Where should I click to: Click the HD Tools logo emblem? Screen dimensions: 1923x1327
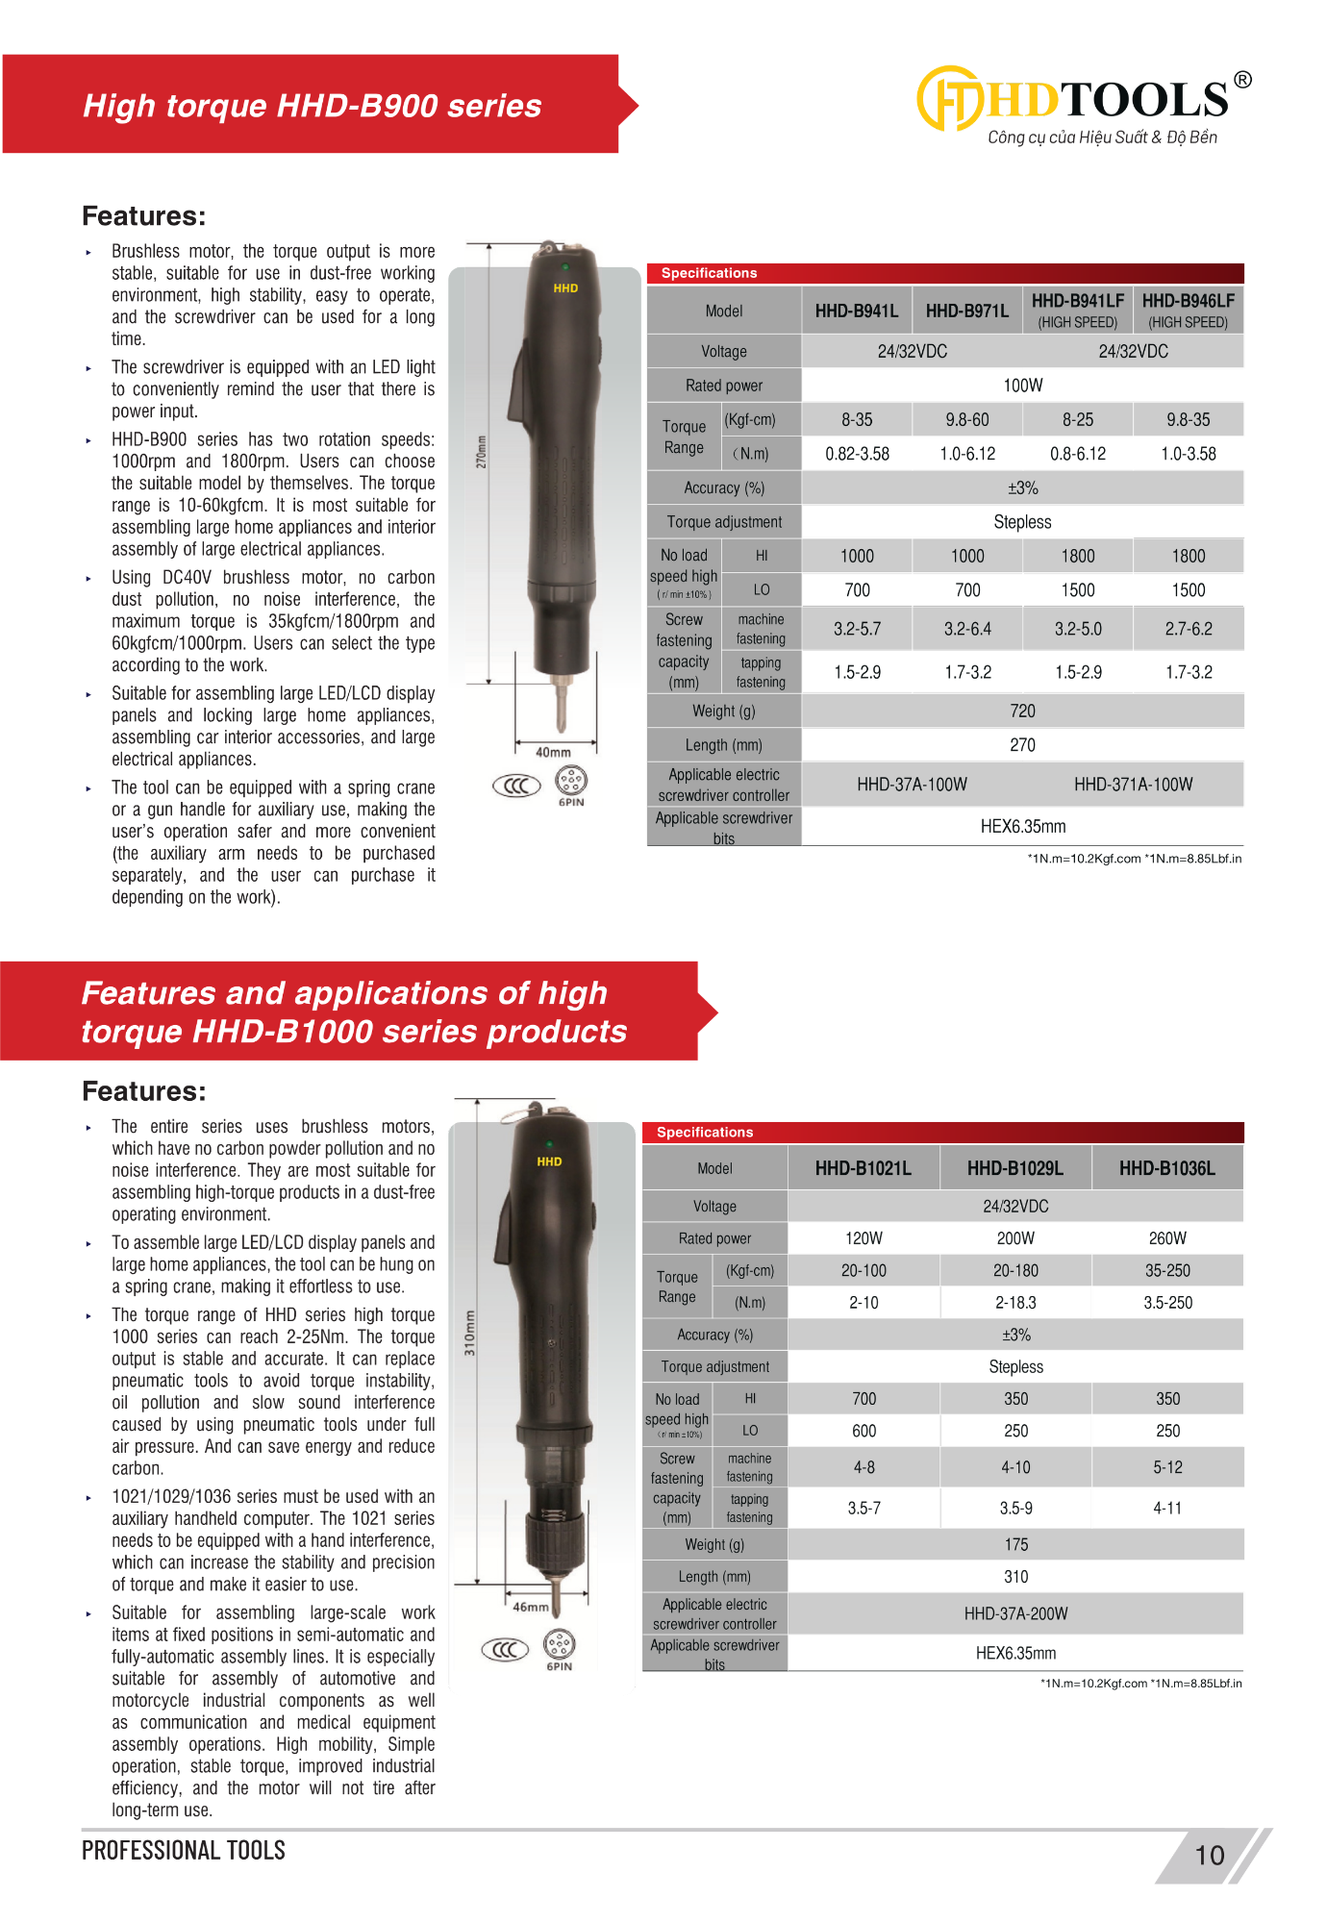click(x=949, y=99)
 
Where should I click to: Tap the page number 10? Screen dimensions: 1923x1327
click(x=1210, y=1855)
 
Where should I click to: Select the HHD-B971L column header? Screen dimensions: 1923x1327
click(x=967, y=311)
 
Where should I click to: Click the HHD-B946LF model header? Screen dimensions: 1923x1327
click(x=1188, y=310)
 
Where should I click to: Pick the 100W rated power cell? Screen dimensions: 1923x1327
click(x=1022, y=386)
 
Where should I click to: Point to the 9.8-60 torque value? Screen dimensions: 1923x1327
click(x=967, y=420)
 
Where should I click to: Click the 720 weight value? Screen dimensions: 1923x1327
click(x=1022, y=712)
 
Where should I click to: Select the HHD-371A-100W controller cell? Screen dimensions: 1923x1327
click(x=1133, y=785)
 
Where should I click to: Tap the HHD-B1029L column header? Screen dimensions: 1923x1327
click(x=1015, y=1168)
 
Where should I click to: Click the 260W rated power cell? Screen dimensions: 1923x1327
click(x=1167, y=1238)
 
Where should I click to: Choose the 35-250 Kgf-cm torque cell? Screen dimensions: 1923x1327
click(x=1167, y=1271)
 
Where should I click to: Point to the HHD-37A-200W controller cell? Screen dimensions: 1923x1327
click(x=1015, y=1613)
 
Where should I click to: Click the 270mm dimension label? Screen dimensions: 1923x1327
click(x=482, y=452)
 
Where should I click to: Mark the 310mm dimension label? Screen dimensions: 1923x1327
click(x=470, y=1332)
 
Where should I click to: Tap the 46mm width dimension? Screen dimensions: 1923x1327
click(x=531, y=1607)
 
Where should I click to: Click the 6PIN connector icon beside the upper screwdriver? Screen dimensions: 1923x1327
click(x=571, y=782)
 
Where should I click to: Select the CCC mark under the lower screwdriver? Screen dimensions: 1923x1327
click(x=505, y=1650)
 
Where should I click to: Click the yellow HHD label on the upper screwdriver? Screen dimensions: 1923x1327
click(x=565, y=288)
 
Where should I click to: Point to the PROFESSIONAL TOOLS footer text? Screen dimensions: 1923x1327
click(x=184, y=1851)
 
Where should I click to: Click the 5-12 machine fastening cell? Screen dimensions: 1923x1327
click(x=1167, y=1468)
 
